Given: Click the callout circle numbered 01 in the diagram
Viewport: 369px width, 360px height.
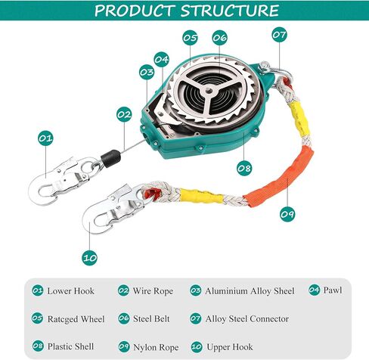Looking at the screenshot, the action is point(45,138).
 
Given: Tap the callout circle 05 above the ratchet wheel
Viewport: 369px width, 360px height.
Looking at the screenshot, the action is point(190,38).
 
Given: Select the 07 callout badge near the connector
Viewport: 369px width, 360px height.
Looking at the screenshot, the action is point(280,35).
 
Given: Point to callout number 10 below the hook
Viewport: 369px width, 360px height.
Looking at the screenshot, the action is point(89,258).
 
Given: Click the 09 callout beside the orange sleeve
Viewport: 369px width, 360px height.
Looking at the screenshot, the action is point(288,214).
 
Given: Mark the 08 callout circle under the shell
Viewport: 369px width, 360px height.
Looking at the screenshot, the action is point(244,168).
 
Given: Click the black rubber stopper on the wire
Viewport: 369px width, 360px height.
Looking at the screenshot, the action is point(110,158).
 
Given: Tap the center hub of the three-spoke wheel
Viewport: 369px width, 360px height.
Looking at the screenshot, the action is point(208,90).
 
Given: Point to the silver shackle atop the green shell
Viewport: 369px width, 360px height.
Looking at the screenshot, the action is point(274,70).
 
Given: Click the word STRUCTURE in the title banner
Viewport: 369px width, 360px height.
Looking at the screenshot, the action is point(229,11).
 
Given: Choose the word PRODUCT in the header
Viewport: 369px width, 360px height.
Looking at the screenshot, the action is point(134,11).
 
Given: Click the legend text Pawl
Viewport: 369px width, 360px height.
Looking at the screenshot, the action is point(333,290).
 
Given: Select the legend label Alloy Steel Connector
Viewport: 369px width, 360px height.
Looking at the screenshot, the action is point(247,319).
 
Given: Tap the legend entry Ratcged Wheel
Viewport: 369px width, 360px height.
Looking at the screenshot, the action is point(76,319).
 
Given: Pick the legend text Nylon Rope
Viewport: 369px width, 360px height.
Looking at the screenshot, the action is point(156,347).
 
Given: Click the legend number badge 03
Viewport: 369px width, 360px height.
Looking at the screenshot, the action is point(196,290).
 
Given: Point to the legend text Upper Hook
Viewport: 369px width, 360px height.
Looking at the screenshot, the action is point(230,347).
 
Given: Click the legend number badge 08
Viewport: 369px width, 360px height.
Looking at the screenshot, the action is point(38,346).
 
